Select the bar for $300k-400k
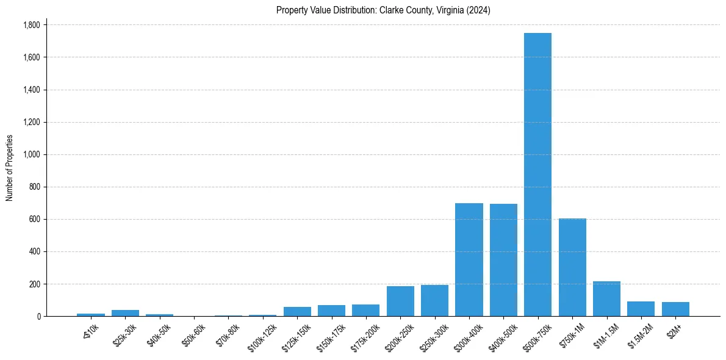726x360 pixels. [469, 259]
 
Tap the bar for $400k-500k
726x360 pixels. [503, 260]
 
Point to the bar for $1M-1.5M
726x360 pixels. [606, 299]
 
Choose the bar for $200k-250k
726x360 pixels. [400, 301]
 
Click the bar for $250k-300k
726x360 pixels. [434, 301]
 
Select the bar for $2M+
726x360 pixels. [675, 309]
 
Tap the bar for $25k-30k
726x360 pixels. [125, 313]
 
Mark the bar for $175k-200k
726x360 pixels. [365, 311]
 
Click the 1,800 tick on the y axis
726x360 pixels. [31, 25]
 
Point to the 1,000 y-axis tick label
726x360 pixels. [31, 154]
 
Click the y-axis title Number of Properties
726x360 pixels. [9, 168]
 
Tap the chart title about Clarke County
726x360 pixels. [383, 10]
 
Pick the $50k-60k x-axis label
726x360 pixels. [194, 334]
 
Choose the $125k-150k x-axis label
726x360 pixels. [296, 336]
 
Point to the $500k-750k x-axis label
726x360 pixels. [537, 336]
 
